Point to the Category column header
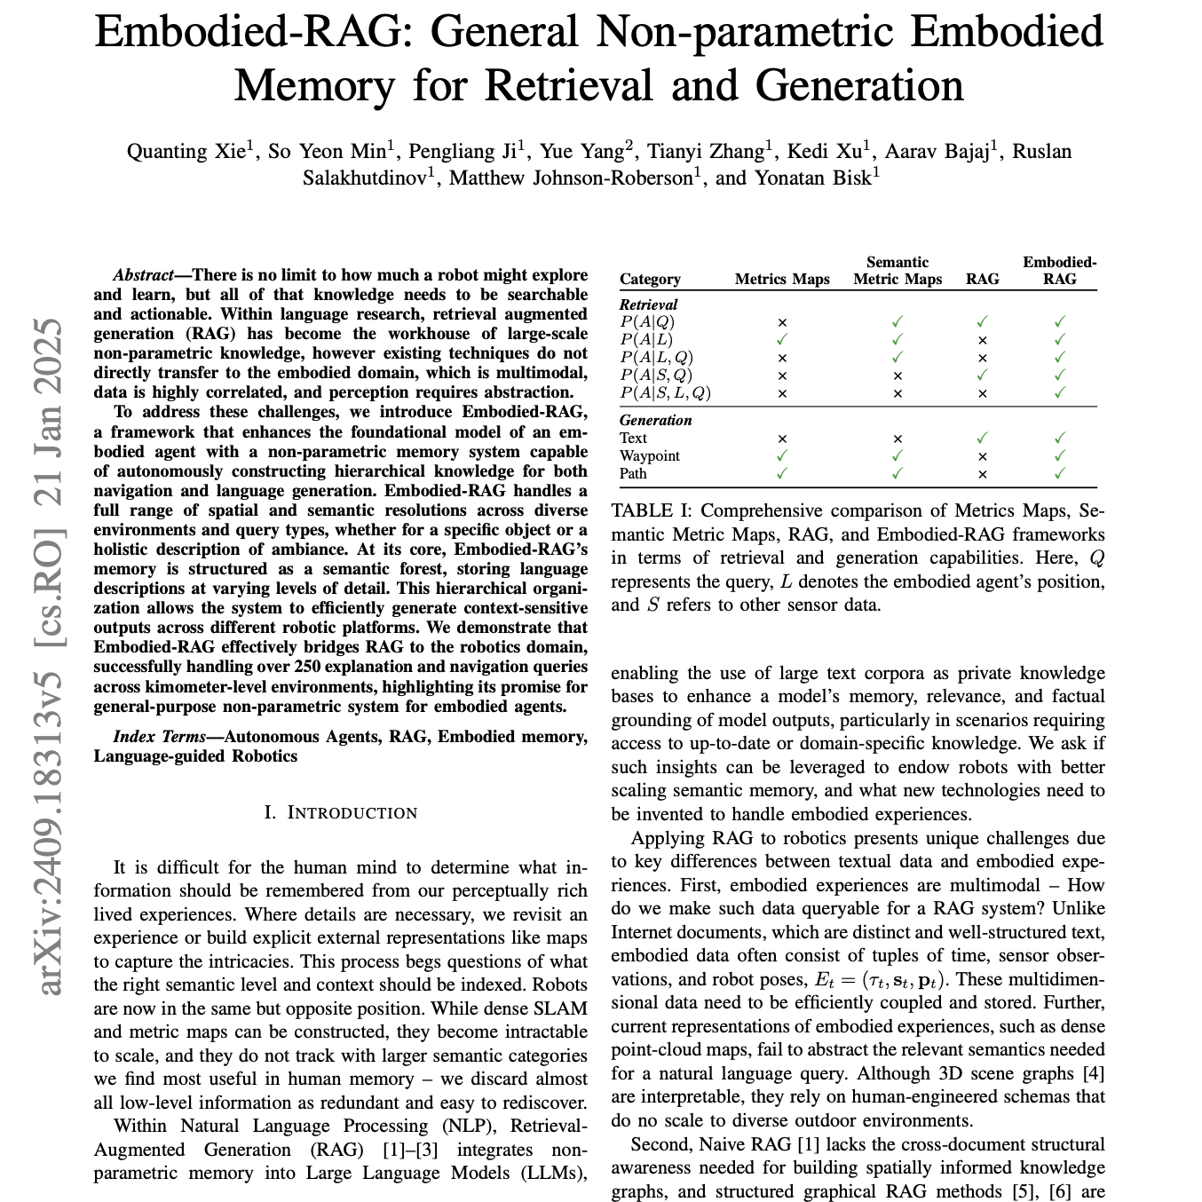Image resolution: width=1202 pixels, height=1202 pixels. click(x=650, y=279)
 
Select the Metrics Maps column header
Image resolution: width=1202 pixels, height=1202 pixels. click(x=782, y=279)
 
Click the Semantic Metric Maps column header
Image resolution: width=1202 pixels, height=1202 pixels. click(x=898, y=271)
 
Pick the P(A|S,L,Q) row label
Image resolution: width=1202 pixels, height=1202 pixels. click(x=665, y=392)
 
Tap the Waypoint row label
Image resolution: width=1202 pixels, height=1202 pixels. click(x=650, y=455)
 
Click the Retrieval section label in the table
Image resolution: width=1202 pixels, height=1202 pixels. click(x=648, y=304)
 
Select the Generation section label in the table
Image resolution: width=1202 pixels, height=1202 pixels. click(x=655, y=420)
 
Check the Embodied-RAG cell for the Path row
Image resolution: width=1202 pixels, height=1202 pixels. click(x=1059, y=473)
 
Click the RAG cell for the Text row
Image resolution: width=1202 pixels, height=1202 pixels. click(x=982, y=438)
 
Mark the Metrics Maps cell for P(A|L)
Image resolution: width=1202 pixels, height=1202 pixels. click(x=782, y=339)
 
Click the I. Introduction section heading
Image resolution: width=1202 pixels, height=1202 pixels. click(x=341, y=812)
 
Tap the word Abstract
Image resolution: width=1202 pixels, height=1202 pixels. click(x=143, y=275)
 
